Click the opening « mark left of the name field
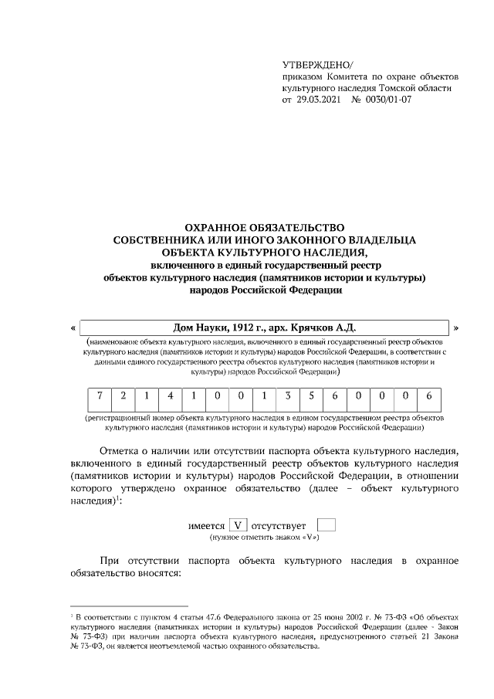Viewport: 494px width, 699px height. tap(73, 328)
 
